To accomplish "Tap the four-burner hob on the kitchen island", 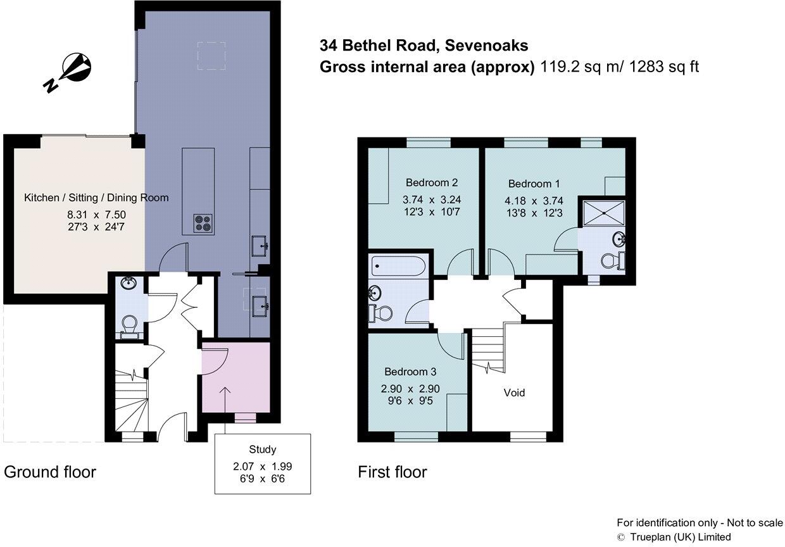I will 203,223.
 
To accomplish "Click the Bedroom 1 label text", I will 534,184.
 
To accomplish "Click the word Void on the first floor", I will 514,393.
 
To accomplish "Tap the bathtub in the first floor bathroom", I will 398,265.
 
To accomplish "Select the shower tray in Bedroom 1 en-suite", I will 603,212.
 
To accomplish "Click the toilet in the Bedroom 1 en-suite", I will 612,261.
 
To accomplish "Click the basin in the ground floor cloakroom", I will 129,283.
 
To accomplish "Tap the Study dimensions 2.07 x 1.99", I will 262,465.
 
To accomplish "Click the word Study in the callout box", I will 262,450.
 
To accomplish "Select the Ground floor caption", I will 50,472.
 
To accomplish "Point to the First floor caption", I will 392,472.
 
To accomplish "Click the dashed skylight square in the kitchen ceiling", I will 211,55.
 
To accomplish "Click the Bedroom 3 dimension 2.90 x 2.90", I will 411,388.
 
